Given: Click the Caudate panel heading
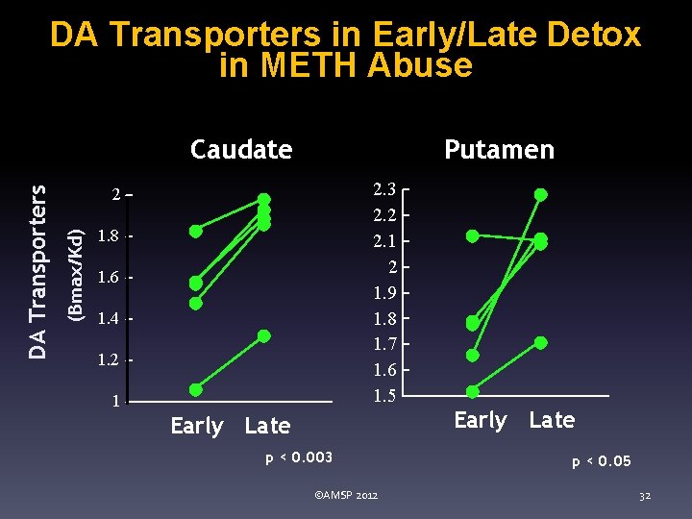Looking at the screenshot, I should pyautogui.click(x=241, y=149).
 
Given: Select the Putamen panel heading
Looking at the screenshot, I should pyautogui.click(x=499, y=149).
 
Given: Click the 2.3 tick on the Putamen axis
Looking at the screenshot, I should pyautogui.click(x=384, y=189).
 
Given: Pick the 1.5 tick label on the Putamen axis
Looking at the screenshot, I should pyautogui.click(x=384, y=395).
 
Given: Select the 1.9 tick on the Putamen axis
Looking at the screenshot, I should pyautogui.click(x=384, y=292).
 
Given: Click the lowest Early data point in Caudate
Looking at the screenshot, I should pyautogui.click(x=196, y=389).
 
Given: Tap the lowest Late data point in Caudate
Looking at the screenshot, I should pyautogui.click(x=264, y=335).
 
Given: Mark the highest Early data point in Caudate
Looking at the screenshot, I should pyautogui.click(x=196, y=231).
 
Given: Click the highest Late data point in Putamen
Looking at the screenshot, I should pyautogui.click(x=540, y=194).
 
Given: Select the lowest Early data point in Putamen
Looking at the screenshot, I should pyautogui.click(x=473, y=391).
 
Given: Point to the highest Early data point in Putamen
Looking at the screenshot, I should pyautogui.click(x=472, y=235).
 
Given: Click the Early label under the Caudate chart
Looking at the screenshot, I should pyautogui.click(x=196, y=426).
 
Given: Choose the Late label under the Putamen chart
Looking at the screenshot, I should pyautogui.click(x=552, y=420).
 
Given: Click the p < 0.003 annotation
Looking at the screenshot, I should pyautogui.click(x=300, y=458).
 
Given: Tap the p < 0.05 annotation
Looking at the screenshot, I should pyautogui.click(x=602, y=461).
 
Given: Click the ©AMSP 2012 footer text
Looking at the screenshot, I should pyautogui.click(x=346, y=495).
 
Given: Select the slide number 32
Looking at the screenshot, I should pyautogui.click(x=645, y=496).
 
